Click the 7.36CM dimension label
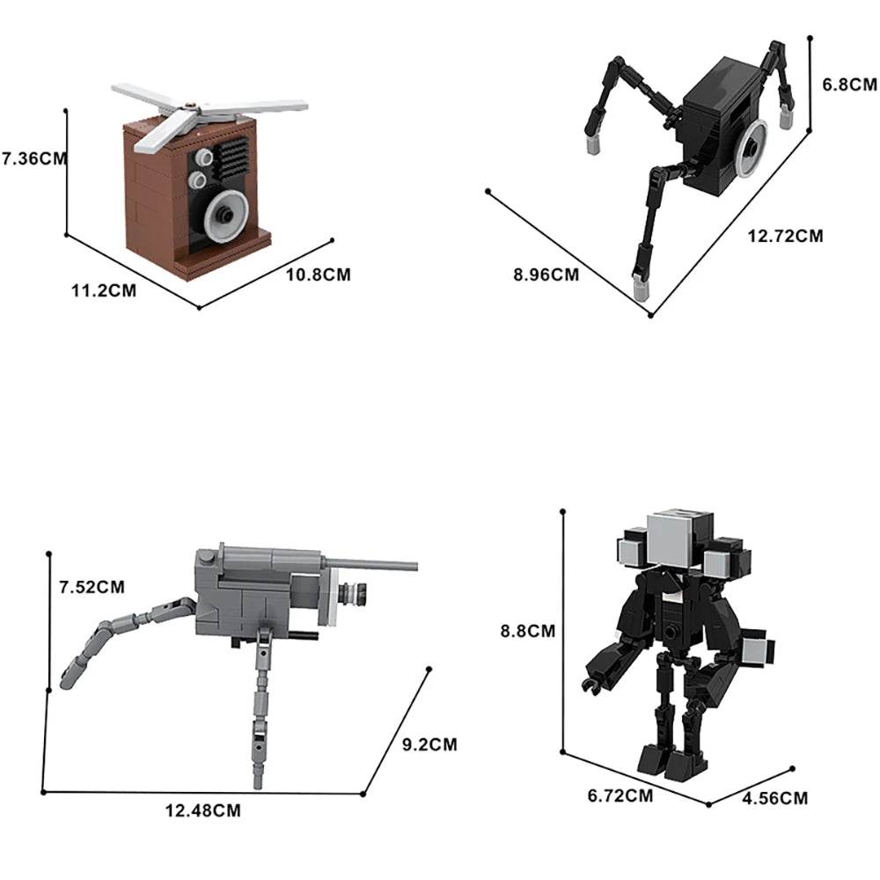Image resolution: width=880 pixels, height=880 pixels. click(34, 159)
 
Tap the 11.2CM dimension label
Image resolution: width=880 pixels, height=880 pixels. click(104, 291)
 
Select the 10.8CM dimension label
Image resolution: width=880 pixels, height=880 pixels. click(318, 275)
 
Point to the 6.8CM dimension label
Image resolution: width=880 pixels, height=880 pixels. click(849, 85)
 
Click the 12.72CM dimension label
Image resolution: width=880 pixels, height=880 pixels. click(785, 236)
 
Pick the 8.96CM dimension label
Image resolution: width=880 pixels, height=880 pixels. click(546, 275)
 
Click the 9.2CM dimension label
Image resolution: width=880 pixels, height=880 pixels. click(429, 744)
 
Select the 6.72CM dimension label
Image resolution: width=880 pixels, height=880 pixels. click(620, 796)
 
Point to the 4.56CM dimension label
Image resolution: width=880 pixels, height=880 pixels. click(774, 798)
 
